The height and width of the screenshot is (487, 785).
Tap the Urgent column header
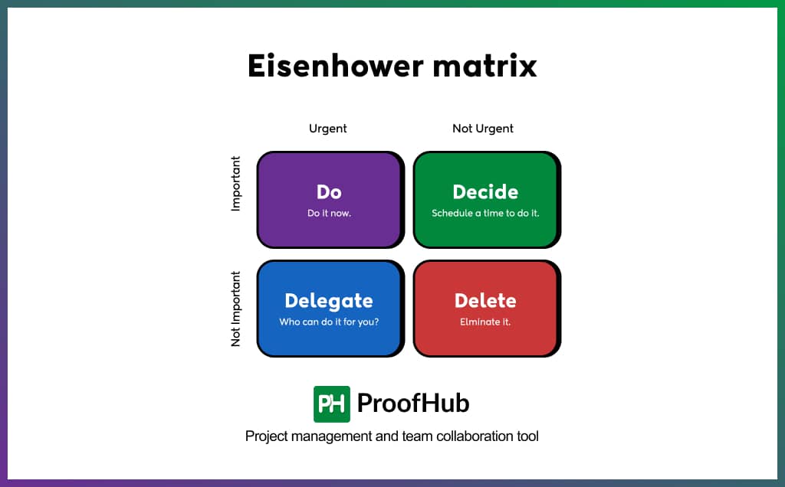click(328, 129)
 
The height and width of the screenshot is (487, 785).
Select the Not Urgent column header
click(483, 129)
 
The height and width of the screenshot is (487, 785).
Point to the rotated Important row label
click(236, 184)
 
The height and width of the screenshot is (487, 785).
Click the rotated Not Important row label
click(236, 309)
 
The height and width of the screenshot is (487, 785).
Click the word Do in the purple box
click(329, 191)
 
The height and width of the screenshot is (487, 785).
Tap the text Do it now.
click(329, 213)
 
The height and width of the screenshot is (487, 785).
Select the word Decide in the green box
click(485, 191)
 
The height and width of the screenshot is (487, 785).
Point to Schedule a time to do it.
click(485, 213)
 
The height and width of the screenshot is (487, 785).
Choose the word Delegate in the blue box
click(329, 300)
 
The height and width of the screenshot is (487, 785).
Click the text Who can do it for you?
click(329, 322)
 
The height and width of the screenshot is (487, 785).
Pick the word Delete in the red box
click(485, 300)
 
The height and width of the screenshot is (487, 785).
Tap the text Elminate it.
click(485, 322)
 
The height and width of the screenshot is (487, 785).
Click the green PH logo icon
click(332, 404)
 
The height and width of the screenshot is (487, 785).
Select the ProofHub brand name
click(413, 404)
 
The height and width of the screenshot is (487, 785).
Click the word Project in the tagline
click(265, 436)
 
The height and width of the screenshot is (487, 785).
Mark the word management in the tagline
click(329, 436)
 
